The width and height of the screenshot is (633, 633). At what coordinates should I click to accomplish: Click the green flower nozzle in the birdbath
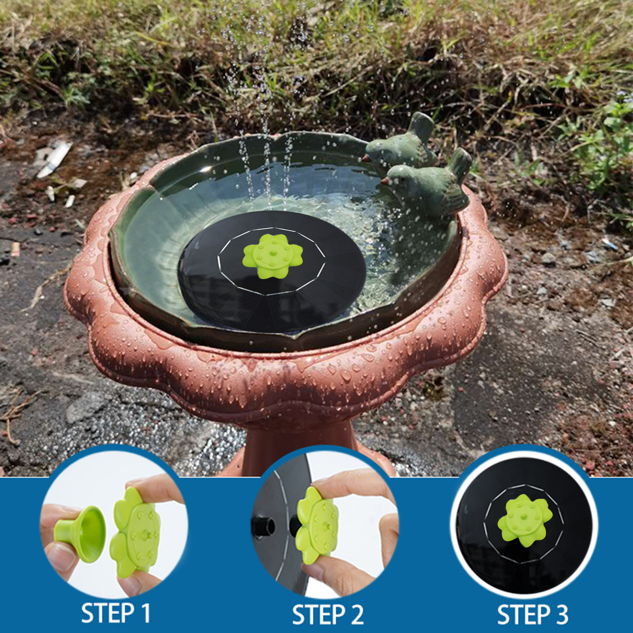273,255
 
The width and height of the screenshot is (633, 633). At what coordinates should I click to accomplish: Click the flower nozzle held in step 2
316,524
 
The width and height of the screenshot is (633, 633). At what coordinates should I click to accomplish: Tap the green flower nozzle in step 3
525,520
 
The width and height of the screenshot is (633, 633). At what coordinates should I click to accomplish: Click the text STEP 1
116,613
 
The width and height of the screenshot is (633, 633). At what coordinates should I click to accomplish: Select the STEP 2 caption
328,614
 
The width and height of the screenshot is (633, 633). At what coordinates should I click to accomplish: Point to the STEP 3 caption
532,614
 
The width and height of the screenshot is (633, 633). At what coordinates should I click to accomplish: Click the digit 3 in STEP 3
560,614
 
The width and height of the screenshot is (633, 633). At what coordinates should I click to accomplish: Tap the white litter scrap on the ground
53,158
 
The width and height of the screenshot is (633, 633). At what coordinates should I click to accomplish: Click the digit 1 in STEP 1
145,613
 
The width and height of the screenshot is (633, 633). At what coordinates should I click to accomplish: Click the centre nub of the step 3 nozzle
524,516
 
